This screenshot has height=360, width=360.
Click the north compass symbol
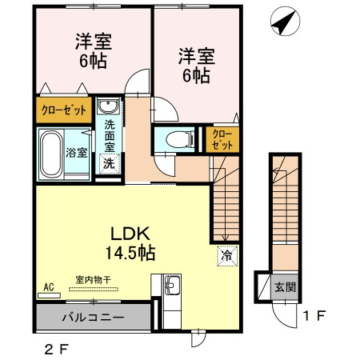[x=285, y=21]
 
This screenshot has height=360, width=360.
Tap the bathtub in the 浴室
[x=51, y=154]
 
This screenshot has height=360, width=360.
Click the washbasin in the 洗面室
[x=108, y=106]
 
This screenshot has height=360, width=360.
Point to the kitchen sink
[x=173, y=285]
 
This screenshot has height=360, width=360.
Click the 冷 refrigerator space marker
[x=227, y=256]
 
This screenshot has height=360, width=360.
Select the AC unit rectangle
[x=49, y=295]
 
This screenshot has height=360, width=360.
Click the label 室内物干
[x=94, y=280]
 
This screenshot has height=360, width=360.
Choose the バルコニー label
[x=94, y=318]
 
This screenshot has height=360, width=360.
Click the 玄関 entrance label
[x=285, y=287]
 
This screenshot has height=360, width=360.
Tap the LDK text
[x=130, y=234]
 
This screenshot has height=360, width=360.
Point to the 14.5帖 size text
[x=130, y=253]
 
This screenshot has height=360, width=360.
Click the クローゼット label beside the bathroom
[x=64, y=110]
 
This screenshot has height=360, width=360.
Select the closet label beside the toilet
[x=222, y=140]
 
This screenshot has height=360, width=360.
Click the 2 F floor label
[x=57, y=350]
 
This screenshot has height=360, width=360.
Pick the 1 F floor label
[x=314, y=316]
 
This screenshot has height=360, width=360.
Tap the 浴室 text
[x=77, y=153]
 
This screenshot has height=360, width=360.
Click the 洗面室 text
[x=110, y=136]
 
